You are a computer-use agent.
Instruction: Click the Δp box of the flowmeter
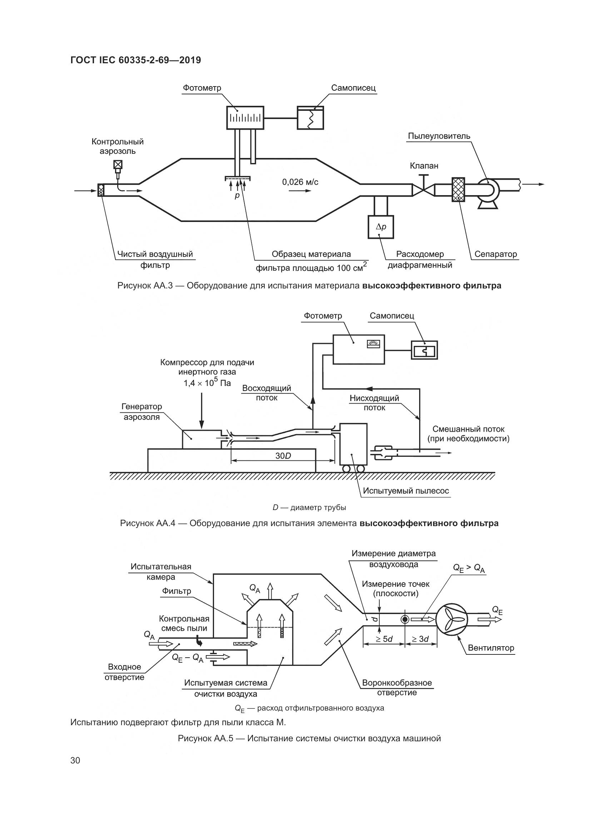click(x=381, y=227)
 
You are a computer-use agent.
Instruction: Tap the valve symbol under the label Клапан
click(x=423, y=189)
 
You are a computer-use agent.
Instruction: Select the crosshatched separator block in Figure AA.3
click(x=458, y=189)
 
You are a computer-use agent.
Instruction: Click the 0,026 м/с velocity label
click(x=300, y=182)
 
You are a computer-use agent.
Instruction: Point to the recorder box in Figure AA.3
click(x=311, y=118)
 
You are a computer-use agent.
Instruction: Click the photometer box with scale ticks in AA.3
click(x=245, y=118)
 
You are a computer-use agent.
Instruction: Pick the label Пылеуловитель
click(x=439, y=136)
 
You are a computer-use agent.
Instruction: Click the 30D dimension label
click(x=283, y=456)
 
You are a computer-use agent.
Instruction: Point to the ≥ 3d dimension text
click(x=420, y=639)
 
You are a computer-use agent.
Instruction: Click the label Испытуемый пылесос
click(x=406, y=491)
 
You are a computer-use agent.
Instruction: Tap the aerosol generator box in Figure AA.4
click(x=201, y=439)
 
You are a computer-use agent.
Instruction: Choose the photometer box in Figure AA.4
click(x=358, y=349)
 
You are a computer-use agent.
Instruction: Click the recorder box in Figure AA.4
click(x=424, y=350)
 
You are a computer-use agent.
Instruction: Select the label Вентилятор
click(x=491, y=648)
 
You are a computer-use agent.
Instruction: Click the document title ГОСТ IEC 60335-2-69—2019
click(x=136, y=60)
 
